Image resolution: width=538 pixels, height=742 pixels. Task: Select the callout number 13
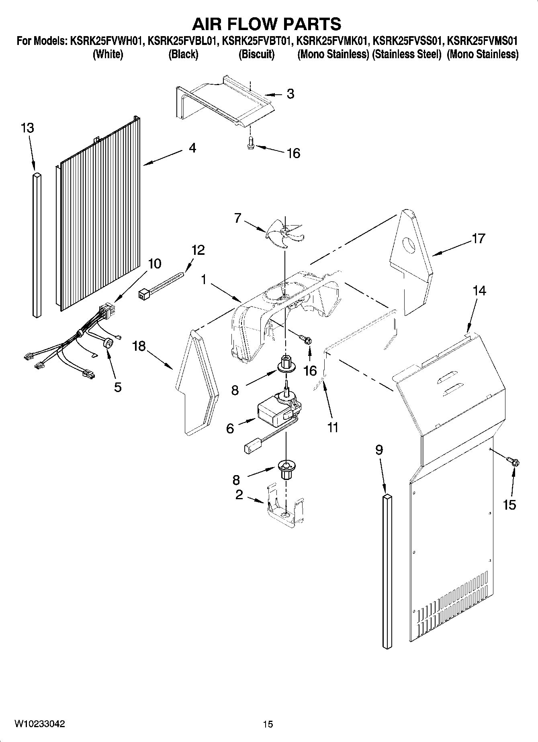pos(27,128)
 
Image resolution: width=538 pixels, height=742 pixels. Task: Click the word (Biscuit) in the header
pos(256,54)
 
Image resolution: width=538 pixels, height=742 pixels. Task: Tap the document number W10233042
pos(40,724)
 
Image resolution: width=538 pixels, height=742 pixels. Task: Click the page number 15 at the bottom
pos(268,724)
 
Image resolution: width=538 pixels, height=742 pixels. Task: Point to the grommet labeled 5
pos(108,344)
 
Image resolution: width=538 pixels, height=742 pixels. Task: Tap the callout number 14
pos(480,291)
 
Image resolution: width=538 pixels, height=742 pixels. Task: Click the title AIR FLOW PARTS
pos(267,24)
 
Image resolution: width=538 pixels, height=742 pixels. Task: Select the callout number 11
pos(333,428)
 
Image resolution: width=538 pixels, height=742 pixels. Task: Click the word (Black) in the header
pos(183,54)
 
